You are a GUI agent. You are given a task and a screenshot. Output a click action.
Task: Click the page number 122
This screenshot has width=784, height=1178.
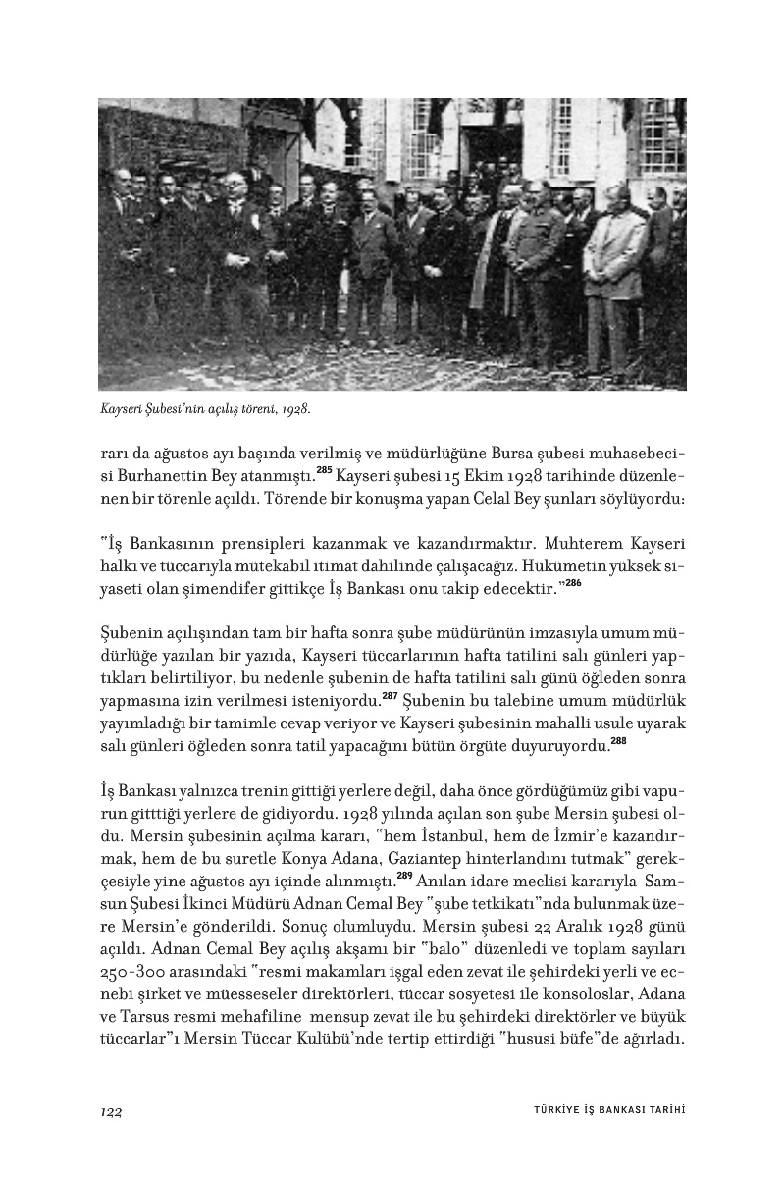(110, 1111)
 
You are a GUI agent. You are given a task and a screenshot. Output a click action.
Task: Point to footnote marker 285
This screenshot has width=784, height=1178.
(322, 469)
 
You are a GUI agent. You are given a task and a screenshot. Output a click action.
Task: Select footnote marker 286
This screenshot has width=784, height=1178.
(574, 583)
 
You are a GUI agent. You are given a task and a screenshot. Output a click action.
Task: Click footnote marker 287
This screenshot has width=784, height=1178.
(389, 696)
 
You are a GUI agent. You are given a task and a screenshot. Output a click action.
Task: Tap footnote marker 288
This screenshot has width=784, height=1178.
(617, 741)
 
